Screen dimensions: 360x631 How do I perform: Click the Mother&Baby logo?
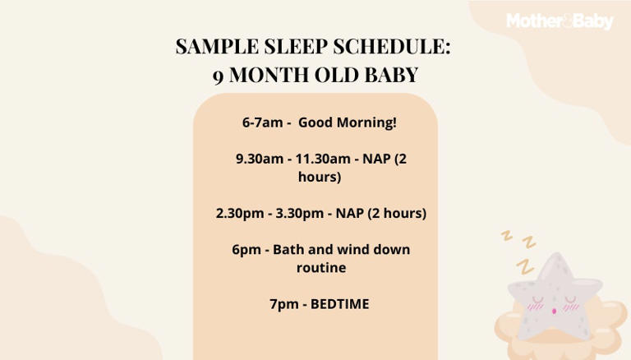(x=559, y=21)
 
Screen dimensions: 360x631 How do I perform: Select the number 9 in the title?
(x=219, y=75)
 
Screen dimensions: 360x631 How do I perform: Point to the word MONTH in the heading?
(x=269, y=75)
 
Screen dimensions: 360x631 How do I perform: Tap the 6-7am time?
(x=262, y=122)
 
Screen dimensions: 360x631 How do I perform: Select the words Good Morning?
(x=347, y=122)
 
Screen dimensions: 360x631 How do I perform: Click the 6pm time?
(x=245, y=249)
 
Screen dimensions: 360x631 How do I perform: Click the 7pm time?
(x=283, y=304)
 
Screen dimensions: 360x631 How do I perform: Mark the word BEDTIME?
(x=339, y=304)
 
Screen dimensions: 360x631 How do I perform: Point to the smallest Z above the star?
(x=507, y=235)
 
